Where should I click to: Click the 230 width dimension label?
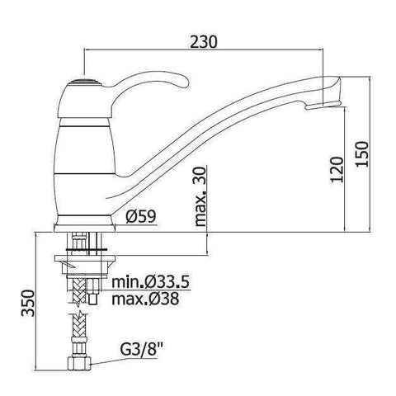pyautogui.click(x=204, y=42)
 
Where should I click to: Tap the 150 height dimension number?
pyautogui.click(x=361, y=153)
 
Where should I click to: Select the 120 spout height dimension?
pyautogui.click(x=337, y=169)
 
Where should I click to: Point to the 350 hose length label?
pyautogui.click(x=28, y=303)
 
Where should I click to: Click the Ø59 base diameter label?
pyautogui.click(x=141, y=216)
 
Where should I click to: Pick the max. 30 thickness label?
pyautogui.click(x=200, y=196)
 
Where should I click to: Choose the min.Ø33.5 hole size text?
pyautogui.click(x=150, y=282)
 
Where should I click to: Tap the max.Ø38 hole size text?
pyautogui.click(x=145, y=299)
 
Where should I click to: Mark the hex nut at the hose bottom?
pyautogui.click(x=79, y=363)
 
